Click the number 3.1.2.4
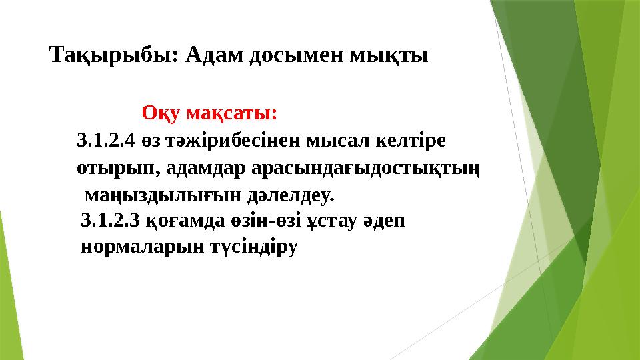tap(106, 141)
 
